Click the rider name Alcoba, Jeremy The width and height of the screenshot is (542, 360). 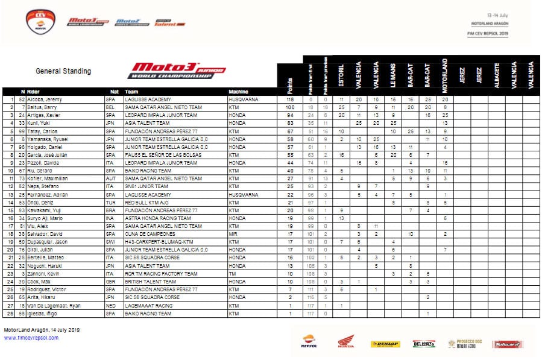click(x=43, y=99)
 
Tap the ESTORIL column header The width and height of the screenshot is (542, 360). click(x=341, y=75)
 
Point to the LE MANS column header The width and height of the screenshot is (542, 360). click(x=393, y=75)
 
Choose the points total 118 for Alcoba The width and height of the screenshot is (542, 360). click(x=290, y=99)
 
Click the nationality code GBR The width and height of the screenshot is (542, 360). click(x=110, y=281)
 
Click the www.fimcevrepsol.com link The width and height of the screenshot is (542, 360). click(x=31, y=338)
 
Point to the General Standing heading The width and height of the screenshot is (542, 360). click(x=63, y=71)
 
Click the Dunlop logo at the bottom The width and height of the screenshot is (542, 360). click(x=385, y=344)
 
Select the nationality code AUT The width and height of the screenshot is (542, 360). click(x=110, y=178)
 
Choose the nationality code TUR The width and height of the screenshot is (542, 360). click(x=110, y=202)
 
